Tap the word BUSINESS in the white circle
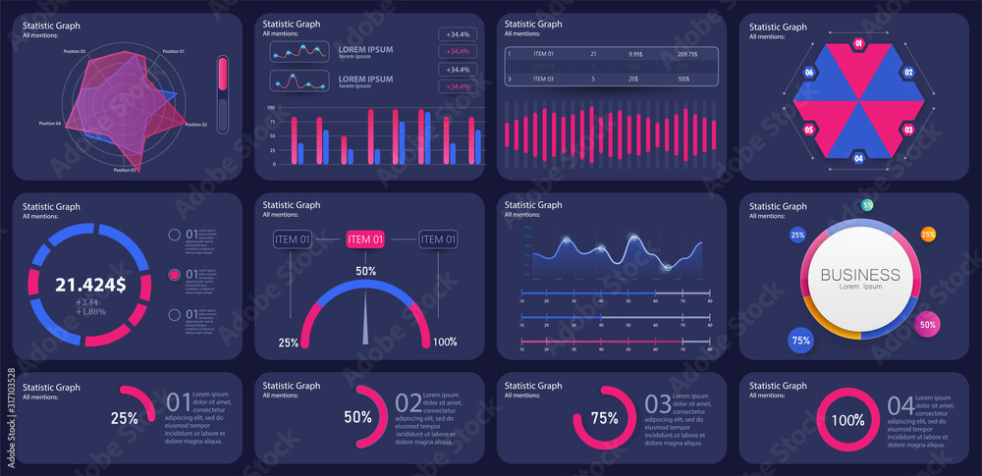(x=859, y=275)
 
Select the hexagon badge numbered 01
(x=858, y=44)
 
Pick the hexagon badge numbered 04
(x=858, y=158)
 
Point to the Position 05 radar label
(x=69, y=51)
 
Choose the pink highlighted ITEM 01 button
(x=366, y=238)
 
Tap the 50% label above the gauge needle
(x=365, y=271)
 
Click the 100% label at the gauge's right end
(x=445, y=343)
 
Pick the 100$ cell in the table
(x=683, y=79)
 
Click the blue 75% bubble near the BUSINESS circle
(x=800, y=341)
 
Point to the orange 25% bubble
(x=927, y=234)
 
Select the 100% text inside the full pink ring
(x=847, y=420)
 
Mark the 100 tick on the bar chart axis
(x=271, y=107)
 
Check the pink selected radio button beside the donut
(x=175, y=275)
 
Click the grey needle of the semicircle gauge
(x=366, y=319)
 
